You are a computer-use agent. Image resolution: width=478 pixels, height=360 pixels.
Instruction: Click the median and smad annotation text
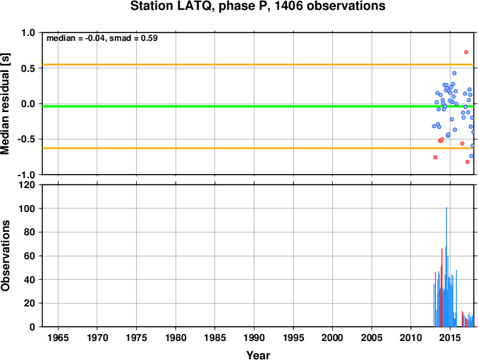102,38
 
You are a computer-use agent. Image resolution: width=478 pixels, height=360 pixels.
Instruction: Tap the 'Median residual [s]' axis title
6,104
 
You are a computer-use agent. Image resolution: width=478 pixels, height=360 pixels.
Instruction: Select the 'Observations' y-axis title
6,256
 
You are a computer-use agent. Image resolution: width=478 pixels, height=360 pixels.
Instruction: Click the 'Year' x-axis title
258,355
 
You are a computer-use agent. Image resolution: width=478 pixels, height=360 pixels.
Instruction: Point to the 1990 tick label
254,337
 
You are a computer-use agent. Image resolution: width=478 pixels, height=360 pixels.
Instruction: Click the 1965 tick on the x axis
58,337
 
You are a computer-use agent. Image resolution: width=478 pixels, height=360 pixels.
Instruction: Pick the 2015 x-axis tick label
450,337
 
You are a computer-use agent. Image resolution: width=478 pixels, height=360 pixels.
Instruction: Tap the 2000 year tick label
332,337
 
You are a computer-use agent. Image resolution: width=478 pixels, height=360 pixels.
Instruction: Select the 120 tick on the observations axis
27,185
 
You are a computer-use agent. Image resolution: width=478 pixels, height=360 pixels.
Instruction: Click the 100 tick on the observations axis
27,209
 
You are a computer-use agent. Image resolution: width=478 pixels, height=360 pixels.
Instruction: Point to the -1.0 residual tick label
26,175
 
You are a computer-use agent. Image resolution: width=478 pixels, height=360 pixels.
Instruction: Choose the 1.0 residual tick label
28,33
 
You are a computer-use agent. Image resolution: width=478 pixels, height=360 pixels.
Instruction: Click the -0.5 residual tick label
26,139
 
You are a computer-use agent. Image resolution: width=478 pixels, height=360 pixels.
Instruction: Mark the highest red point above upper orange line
466,52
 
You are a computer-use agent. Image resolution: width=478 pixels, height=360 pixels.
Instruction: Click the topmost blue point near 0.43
454,73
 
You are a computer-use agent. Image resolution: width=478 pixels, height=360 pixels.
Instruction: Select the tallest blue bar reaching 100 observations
446,267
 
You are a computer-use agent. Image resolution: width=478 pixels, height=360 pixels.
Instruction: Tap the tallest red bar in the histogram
442,287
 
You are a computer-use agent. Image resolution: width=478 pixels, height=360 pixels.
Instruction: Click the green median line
258,106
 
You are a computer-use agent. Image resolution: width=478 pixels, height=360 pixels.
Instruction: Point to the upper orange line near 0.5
258,65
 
